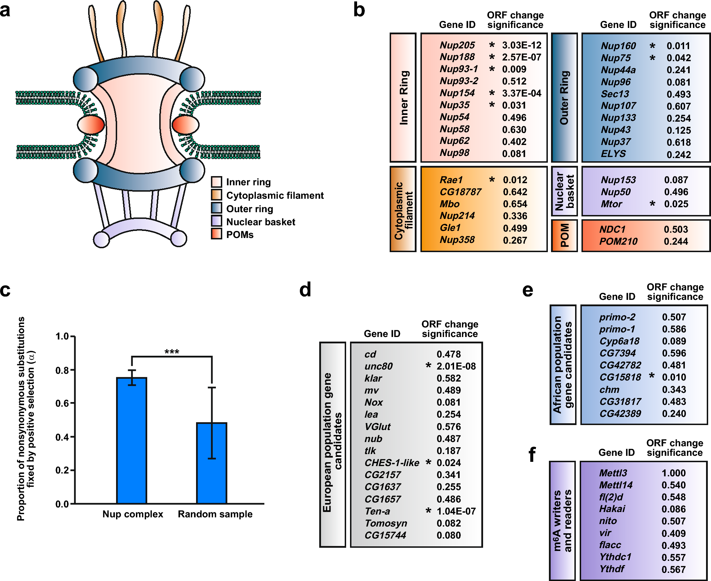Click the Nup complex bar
(132, 440)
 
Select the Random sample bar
(212, 463)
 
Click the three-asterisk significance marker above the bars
(172, 352)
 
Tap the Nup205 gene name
(457, 45)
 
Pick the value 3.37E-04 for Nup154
(522, 93)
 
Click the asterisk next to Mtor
(652, 204)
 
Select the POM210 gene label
(618, 241)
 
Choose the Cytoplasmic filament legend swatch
(217, 195)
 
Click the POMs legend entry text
(240, 235)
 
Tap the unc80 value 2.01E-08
(456, 366)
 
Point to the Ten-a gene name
(377, 511)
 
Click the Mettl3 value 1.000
(673, 473)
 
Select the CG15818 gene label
(620, 377)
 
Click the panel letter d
(305, 290)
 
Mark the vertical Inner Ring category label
(403, 98)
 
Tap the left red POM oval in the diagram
(91, 124)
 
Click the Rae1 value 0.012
(515, 180)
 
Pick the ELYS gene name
(613, 154)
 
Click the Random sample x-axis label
(215, 514)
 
